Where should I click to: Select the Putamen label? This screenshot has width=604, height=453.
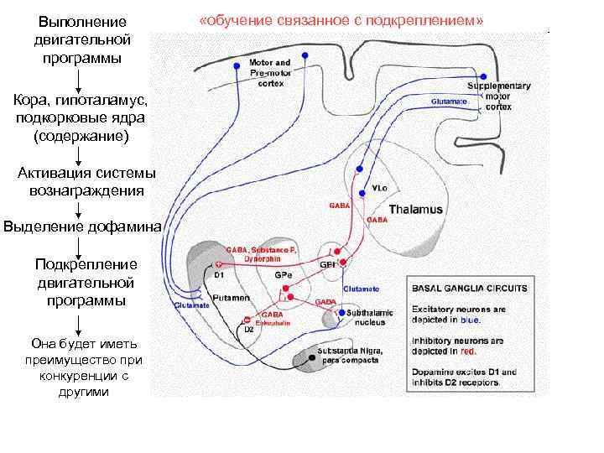pyautogui.click(x=229, y=298)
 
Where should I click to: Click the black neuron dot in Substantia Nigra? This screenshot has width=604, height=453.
pyautogui.click(x=311, y=358)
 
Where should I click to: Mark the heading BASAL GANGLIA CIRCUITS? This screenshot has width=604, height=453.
pyautogui.click(x=470, y=288)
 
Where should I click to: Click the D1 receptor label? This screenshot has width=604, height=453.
pyautogui.click(x=219, y=273)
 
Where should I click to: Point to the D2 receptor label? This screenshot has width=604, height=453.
pyautogui.click(x=249, y=330)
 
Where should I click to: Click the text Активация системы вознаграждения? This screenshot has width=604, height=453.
pyautogui.click(x=81, y=182)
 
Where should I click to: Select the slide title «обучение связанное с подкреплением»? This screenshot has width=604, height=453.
pyautogui.click(x=341, y=19)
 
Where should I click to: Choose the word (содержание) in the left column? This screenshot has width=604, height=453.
pyautogui.click(x=81, y=134)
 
